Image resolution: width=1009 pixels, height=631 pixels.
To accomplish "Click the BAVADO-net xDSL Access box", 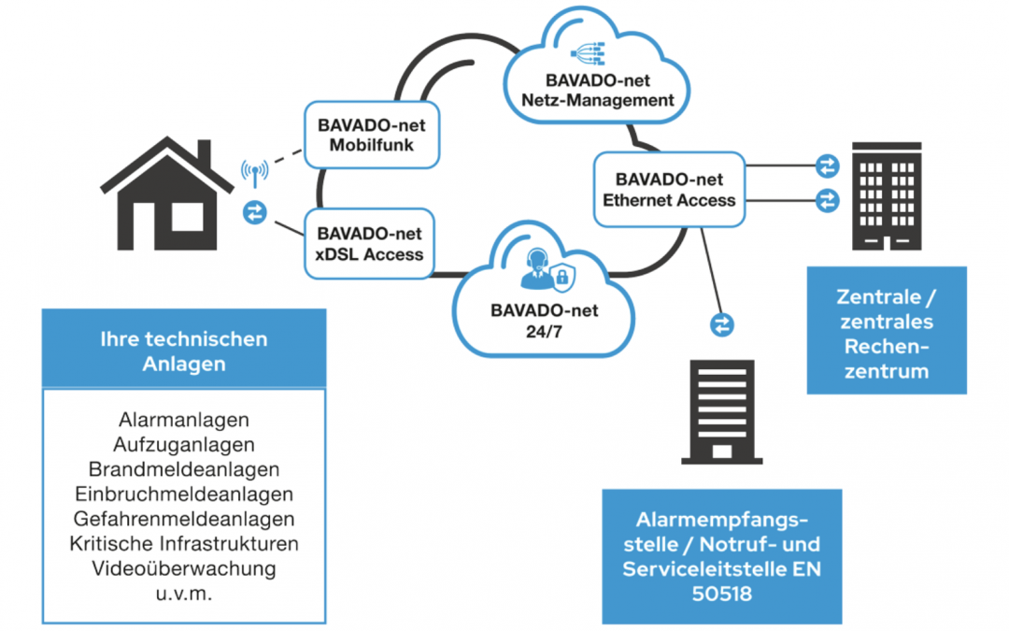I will (370, 243).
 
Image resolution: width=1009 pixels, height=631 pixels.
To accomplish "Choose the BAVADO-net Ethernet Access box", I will (669, 190).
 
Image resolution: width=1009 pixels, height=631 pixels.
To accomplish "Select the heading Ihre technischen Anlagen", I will (184, 351).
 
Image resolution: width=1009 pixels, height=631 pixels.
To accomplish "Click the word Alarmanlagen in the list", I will (184, 421).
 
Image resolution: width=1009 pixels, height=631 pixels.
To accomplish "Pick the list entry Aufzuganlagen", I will (184, 445).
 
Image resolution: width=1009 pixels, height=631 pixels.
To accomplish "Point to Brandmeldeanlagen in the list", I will (184, 469).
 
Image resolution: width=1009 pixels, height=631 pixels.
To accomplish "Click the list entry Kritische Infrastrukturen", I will (184, 543).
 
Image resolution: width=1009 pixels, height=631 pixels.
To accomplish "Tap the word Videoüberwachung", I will (184, 567).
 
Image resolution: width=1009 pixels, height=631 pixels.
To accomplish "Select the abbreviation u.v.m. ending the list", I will (184, 592).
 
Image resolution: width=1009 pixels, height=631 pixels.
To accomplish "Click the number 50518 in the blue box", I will (721, 593).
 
